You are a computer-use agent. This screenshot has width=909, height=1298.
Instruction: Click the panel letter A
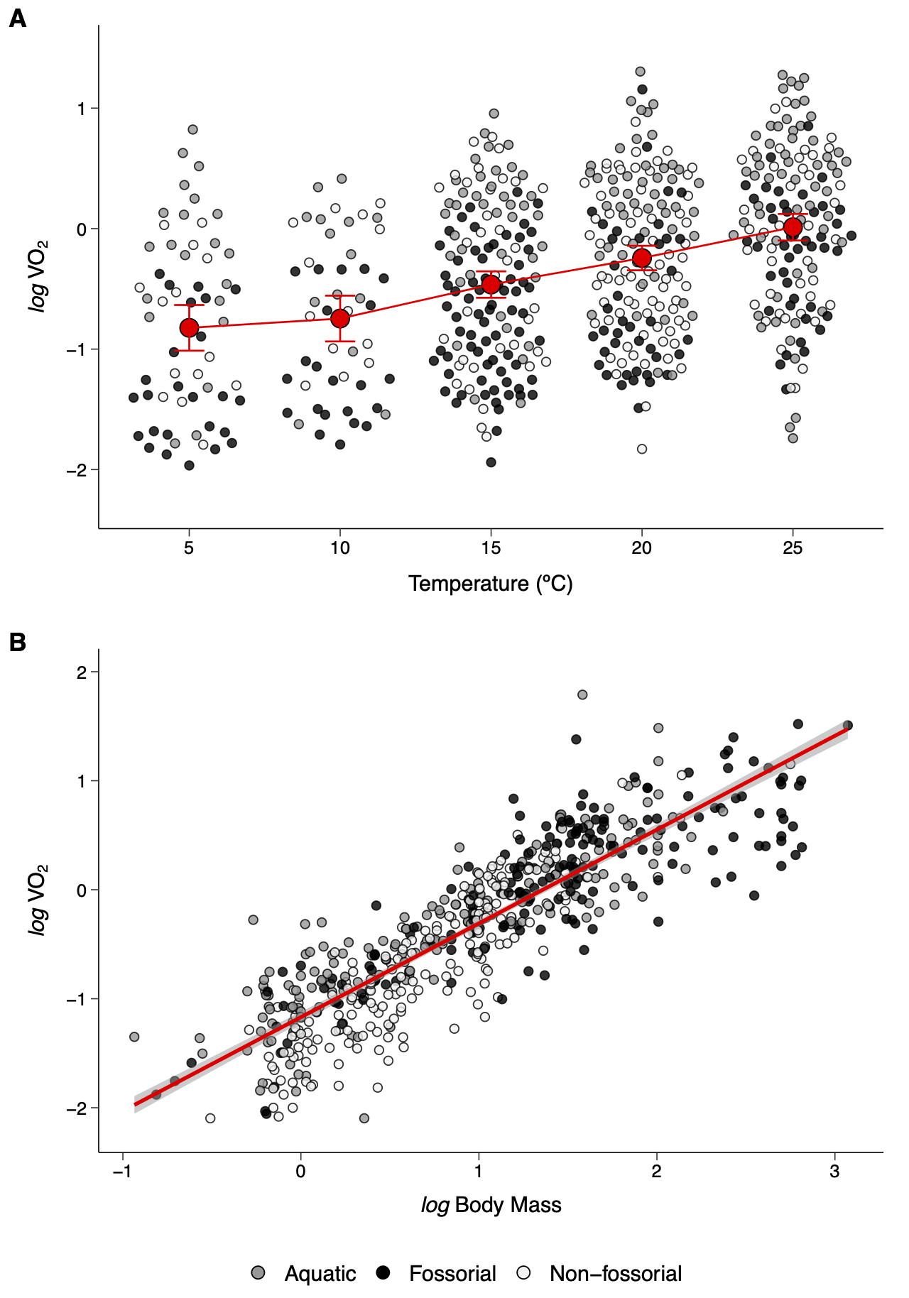pos(17,18)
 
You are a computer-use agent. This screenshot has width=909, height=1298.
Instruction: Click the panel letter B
pos(17,642)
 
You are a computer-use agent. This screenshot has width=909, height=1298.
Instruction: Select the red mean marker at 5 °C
pos(189,327)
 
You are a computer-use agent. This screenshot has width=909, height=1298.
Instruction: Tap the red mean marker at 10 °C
pos(340,318)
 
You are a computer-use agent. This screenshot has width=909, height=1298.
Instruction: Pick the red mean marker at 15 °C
pos(491,284)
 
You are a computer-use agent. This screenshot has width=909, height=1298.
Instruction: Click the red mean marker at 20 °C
pos(642,258)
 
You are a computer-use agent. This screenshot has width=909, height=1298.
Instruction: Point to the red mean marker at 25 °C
pos(793,227)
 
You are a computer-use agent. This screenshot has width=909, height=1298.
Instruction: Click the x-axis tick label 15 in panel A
pos(491,548)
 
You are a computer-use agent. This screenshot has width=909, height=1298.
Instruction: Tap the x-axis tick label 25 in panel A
pos(793,548)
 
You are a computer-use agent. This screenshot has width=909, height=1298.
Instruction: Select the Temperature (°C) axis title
pos(491,584)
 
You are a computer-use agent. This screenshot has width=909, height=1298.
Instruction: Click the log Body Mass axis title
pos(491,1205)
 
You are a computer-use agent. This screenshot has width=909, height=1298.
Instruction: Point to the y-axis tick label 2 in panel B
pos(83,672)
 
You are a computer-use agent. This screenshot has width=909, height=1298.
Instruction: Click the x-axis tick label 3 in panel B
pos(834,1171)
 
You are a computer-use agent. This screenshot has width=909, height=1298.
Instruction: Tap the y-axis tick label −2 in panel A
pos(77,470)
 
